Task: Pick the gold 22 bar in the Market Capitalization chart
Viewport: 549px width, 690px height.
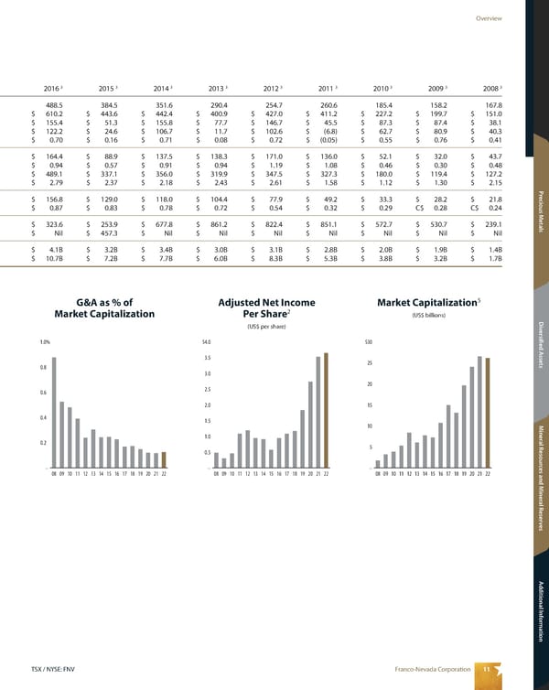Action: pos(488,412)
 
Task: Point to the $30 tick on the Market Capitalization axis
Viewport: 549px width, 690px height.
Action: pos(369,342)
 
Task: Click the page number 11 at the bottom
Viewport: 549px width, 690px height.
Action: pos(487,670)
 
